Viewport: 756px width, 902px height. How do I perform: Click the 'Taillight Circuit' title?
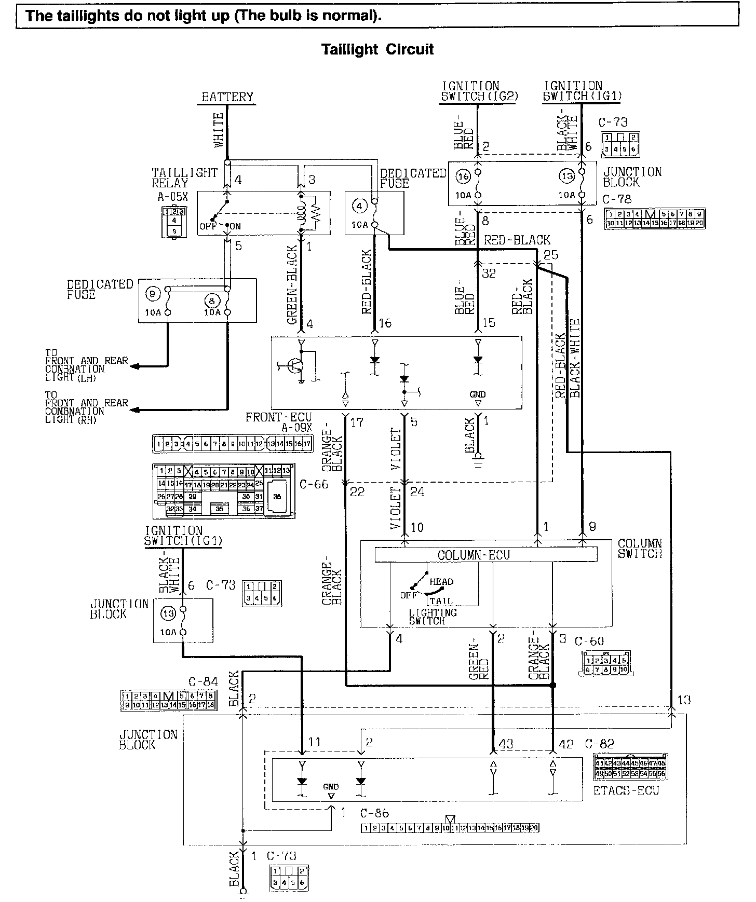click(x=377, y=50)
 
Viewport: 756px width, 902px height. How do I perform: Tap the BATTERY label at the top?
click(x=227, y=97)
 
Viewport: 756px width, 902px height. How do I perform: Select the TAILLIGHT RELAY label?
click(x=184, y=177)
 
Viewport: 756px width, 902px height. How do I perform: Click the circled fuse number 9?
click(x=152, y=294)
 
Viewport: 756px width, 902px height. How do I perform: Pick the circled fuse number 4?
click(x=359, y=206)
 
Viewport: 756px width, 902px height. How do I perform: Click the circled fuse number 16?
click(x=463, y=176)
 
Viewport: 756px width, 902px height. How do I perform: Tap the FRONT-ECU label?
click(x=278, y=417)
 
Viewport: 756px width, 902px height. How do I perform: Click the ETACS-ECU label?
click(x=626, y=790)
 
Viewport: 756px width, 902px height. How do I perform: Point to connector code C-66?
click(x=314, y=485)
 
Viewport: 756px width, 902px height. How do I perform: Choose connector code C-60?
click(x=589, y=641)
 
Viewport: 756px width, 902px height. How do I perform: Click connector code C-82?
click(x=599, y=744)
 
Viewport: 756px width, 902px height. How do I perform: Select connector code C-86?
click(x=374, y=813)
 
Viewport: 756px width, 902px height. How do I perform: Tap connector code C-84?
click(x=203, y=681)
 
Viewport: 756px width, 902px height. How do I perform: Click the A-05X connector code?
click(x=172, y=197)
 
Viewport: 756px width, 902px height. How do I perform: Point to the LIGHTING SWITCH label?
click(x=433, y=617)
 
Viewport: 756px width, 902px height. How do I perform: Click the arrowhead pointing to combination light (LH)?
click(x=134, y=366)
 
